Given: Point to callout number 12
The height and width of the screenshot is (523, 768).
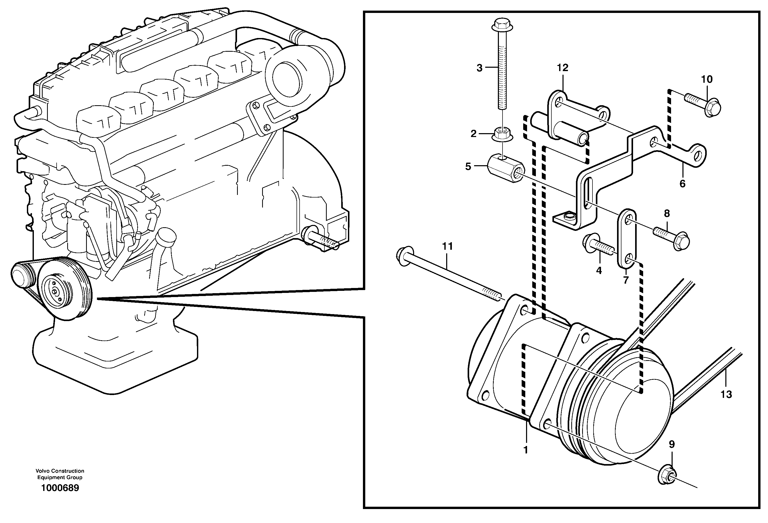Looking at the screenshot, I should tap(562, 67).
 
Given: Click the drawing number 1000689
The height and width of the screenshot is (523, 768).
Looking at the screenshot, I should tap(60, 488).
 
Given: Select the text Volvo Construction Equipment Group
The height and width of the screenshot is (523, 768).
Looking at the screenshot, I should tap(60, 474).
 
